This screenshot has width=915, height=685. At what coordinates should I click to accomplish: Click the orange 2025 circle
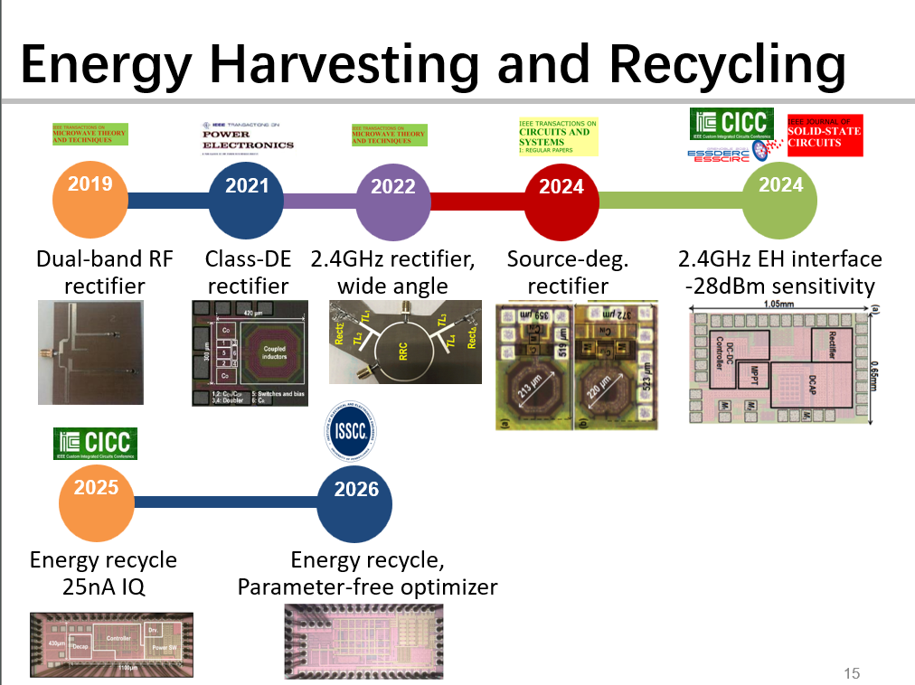coord(97,500)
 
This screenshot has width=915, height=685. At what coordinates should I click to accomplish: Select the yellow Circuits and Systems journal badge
coord(558,137)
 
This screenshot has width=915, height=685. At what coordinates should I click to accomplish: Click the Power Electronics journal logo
coord(247,137)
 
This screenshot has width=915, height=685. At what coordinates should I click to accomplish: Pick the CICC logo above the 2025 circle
coord(95,443)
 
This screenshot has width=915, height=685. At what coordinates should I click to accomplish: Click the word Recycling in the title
coord(729,64)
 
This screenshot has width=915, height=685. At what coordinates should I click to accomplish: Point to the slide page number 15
coord(851,672)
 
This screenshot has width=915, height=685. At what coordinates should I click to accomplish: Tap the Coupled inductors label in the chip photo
coord(274,352)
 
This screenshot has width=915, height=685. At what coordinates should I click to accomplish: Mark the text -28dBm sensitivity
coord(779,286)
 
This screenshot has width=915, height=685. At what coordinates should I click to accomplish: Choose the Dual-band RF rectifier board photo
coord(90,352)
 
